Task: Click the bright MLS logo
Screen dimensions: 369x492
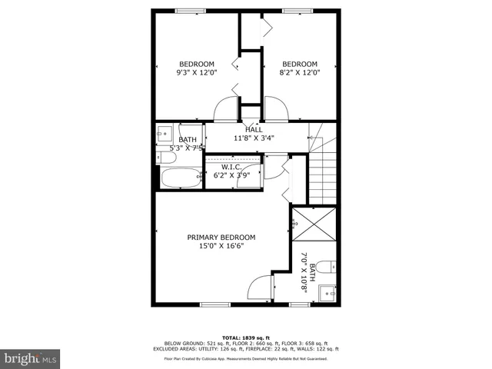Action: [31, 358]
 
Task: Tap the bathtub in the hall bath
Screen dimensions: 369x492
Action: [181, 178]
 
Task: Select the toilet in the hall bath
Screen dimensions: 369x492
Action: [166, 158]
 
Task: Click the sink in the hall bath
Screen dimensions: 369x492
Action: [165, 132]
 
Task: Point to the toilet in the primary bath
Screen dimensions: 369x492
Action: [326, 267]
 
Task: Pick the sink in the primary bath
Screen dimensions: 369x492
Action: [329, 293]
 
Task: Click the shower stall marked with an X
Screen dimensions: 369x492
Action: [314, 224]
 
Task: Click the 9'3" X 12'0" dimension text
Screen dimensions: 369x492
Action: [197, 73]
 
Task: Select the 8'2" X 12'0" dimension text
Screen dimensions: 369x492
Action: [299, 73]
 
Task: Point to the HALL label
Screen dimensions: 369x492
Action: [254, 129]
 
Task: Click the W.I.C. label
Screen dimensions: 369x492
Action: [232, 166]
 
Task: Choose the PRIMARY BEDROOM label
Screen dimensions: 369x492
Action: [221, 238]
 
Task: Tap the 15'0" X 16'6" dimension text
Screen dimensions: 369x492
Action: [221, 247]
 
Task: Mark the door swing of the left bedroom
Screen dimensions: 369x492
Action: [226, 110]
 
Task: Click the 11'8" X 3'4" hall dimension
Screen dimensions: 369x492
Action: [254, 138]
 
